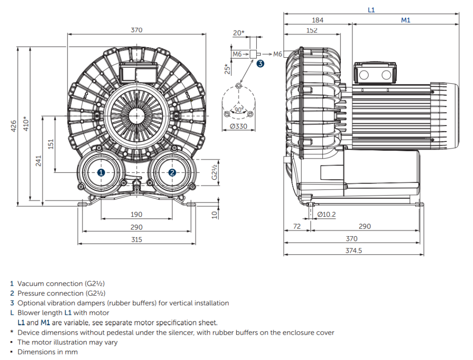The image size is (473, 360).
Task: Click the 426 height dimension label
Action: click(x=14, y=125)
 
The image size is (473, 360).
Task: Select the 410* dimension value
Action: click(x=26, y=124)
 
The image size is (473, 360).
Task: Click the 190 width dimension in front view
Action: click(x=136, y=214)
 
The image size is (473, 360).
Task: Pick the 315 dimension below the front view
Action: click(x=136, y=239)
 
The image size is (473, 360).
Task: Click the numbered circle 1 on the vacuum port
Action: click(x=101, y=172)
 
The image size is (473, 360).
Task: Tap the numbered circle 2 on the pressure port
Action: click(x=172, y=172)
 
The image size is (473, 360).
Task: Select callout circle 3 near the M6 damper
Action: click(x=261, y=64)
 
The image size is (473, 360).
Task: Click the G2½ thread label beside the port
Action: click(x=214, y=171)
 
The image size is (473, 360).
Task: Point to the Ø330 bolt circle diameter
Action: click(x=238, y=127)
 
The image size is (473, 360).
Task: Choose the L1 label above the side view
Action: click(x=371, y=10)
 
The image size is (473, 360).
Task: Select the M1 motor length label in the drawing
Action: click(x=406, y=20)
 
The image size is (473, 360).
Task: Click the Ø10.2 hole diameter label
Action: click(x=327, y=214)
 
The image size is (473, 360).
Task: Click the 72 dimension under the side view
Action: click(x=297, y=226)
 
